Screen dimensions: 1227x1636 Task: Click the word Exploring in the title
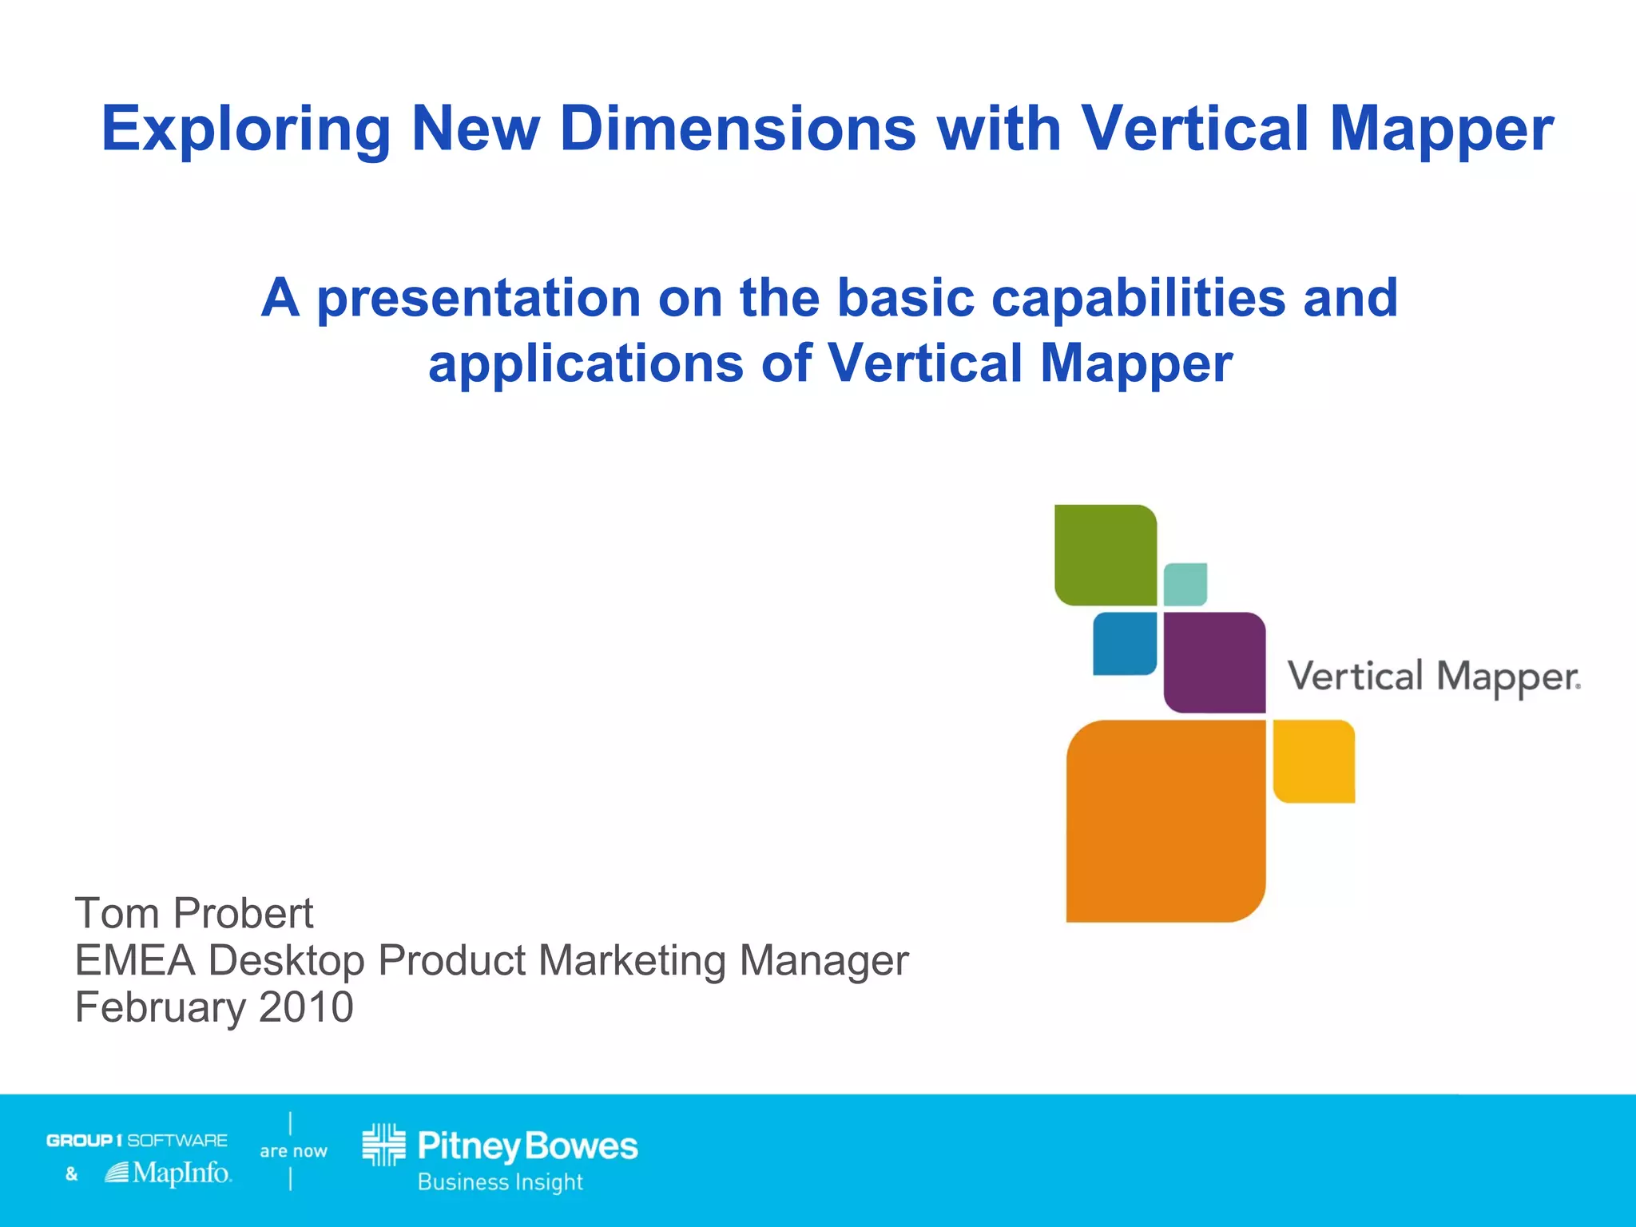pos(246,129)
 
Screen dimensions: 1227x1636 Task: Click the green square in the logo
pos(1105,555)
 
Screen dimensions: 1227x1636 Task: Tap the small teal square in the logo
pos(1185,584)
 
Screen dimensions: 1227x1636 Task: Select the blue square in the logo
pos(1124,643)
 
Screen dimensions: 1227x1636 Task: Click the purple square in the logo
pos(1214,662)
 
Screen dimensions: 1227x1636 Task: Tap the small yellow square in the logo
pos(1313,760)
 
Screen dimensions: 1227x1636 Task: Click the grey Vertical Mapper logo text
pos(1433,677)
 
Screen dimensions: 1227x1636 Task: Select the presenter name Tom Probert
pos(194,913)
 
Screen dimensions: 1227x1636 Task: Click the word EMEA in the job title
pos(135,960)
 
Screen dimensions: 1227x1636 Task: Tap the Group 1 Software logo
pos(137,1140)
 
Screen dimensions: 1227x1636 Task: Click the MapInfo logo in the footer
pos(169,1173)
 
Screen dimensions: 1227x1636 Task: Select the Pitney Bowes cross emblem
pos(383,1145)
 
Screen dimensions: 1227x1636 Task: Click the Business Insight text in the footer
pos(500,1182)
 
